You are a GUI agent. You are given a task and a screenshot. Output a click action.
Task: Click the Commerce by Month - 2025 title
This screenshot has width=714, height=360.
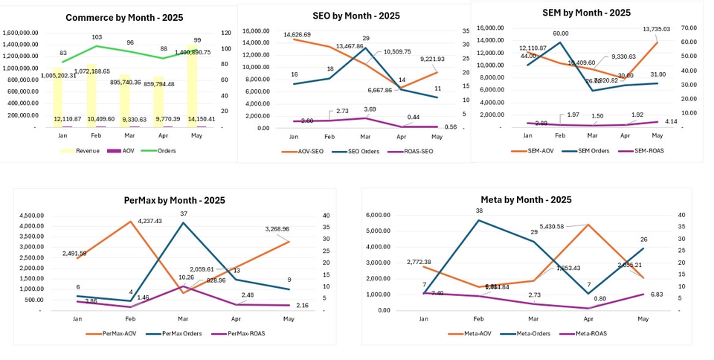[x=124, y=17]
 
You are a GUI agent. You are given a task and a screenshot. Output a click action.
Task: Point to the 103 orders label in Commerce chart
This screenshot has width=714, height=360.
[x=97, y=36]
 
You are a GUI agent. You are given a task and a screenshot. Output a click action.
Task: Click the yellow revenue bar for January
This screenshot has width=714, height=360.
[x=57, y=97]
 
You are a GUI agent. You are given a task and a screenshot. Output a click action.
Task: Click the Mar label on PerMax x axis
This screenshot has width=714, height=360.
[x=184, y=318]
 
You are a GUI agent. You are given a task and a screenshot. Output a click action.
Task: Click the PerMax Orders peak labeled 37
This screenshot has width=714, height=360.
[x=184, y=213]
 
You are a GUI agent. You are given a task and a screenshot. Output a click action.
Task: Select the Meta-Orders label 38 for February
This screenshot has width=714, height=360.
[x=479, y=210]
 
